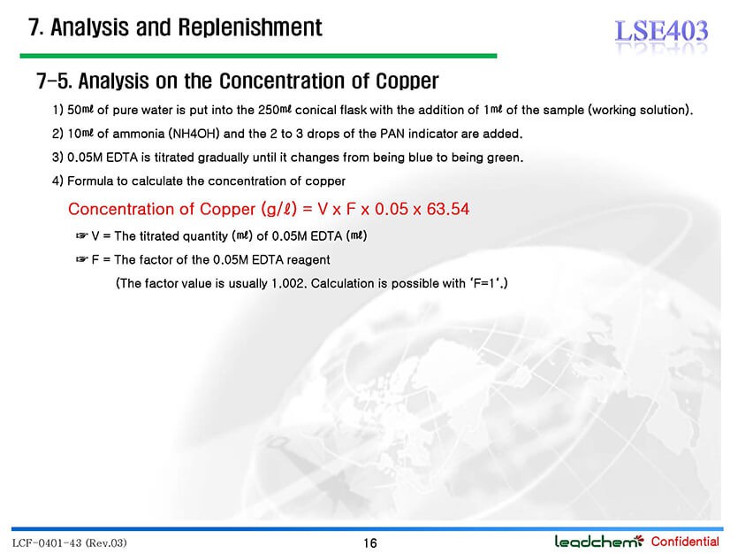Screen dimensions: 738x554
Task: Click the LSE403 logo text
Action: (x=661, y=31)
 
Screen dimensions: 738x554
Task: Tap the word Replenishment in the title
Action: (x=250, y=27)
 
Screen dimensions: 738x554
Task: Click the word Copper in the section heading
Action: (x=407, y=81)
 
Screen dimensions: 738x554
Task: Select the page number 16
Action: (x=370, y=543)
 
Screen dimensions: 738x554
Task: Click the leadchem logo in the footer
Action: (x=598, y=542)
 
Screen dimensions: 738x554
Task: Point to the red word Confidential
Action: (x=685, y=542)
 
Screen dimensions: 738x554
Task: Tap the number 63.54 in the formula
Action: (x=447, y=209)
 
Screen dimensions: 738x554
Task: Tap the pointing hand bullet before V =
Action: (x=82, y=235)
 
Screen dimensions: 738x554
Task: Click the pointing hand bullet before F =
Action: (x=82, y=259)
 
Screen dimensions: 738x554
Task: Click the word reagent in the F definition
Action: (x=308, y=260)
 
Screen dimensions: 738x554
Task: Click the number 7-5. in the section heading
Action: (x=54, y=81)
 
